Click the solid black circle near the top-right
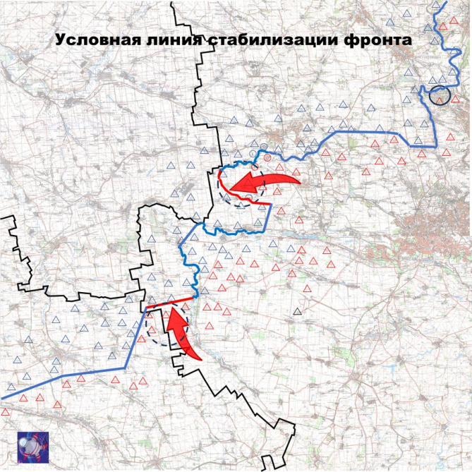[x=440, y=95]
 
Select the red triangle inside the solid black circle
[x=439, y=99]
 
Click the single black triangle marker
[x=298, y=310]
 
